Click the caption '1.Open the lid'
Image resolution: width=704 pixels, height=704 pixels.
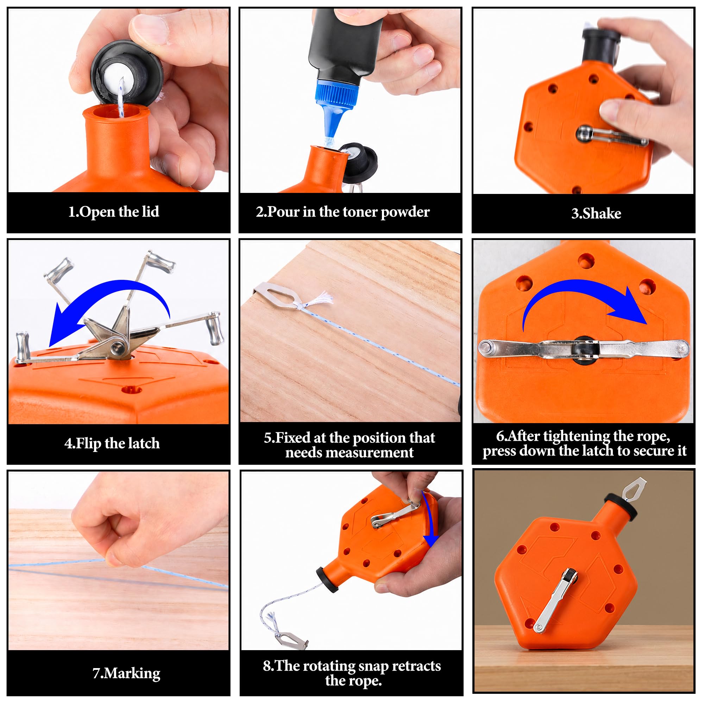114,212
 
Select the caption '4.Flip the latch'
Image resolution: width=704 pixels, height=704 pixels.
112,444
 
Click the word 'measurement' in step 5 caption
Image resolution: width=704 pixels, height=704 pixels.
350,453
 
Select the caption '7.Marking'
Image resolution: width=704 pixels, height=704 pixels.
126,673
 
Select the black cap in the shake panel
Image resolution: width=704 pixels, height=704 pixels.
600,45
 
